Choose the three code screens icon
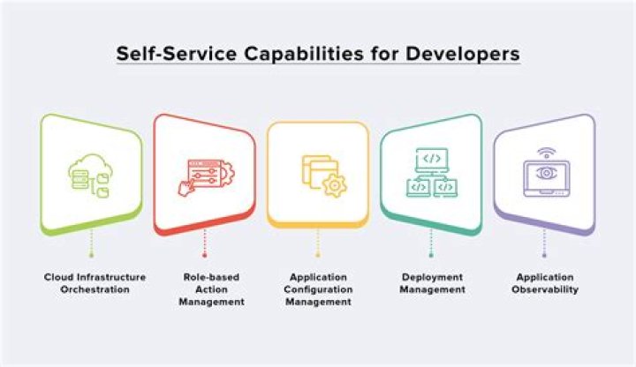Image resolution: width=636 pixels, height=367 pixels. coord(431,173)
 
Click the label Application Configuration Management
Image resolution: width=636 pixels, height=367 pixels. coord(318,289)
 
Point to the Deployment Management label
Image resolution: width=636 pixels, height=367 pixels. coord(431,283)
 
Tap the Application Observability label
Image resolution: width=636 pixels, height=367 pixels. coord(544,283)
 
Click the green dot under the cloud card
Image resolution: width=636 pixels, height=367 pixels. coord(91,254)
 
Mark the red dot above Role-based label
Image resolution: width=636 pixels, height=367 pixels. coord(204,254)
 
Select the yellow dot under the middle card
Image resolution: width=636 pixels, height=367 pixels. coord(318,254)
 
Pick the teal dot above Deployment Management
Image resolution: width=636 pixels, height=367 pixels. coord(431,254)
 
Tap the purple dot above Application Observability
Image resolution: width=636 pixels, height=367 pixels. coord(544,254)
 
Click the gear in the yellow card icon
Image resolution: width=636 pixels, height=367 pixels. coord(335,185)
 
